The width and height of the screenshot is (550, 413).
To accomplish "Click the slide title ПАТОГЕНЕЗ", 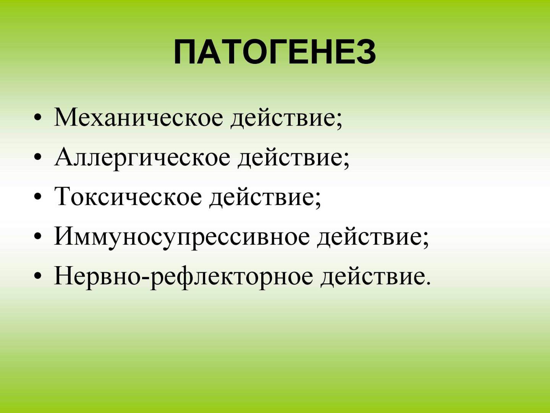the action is click(275, 52).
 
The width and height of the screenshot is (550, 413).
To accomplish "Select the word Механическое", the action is click(138, 117).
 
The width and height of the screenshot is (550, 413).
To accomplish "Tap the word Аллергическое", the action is click(142, 157).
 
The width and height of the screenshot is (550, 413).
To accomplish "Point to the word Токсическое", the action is click(128, 197).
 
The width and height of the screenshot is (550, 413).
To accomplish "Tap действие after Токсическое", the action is click(262, 198).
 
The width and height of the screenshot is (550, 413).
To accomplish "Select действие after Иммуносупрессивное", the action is click(370, 238).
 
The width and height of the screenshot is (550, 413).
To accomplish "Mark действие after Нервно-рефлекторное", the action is click(373, 277).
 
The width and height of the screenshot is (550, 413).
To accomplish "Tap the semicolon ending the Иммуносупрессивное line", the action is click(426, 241).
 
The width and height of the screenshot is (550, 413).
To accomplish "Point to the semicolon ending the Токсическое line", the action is click(318, 201).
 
